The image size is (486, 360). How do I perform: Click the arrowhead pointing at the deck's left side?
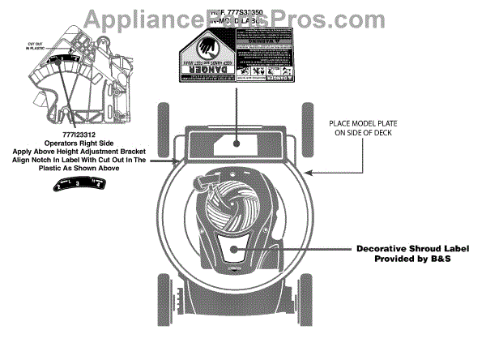tap(180, 161)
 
